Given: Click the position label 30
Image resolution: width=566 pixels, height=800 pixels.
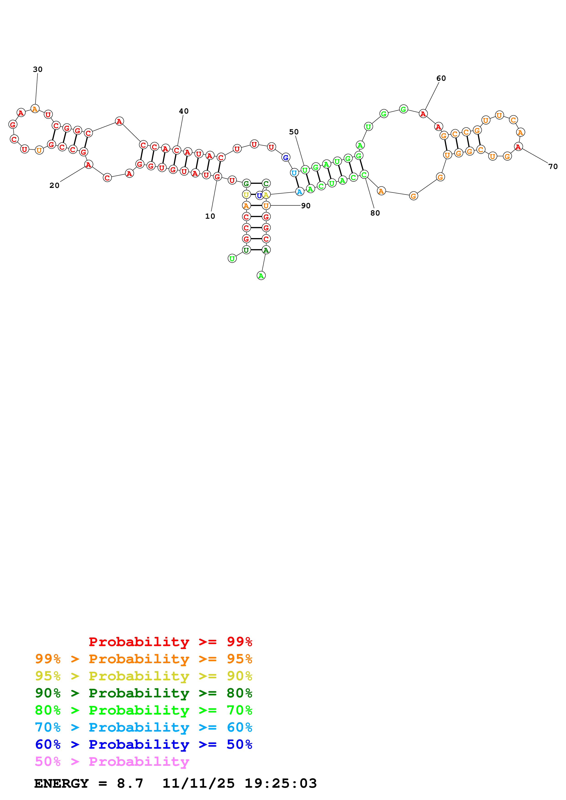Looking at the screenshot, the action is click(38, 69).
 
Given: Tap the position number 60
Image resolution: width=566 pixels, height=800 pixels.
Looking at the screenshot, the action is click(441, 78).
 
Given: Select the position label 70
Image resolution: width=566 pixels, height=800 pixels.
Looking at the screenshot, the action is click(553, 166).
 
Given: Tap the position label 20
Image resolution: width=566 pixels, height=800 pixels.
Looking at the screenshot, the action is click(54, 185).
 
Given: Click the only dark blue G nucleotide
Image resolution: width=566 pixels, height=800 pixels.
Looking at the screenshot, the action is click(286, 158).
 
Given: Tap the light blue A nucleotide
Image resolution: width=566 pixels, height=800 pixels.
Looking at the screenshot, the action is click(299, 192).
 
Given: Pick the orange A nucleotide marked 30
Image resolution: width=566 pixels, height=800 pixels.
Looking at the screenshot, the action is click(35, 109).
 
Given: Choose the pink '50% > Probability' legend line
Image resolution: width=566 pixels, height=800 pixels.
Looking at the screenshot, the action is click(112, 761).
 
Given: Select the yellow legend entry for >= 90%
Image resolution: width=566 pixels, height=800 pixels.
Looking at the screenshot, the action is click(143, 676).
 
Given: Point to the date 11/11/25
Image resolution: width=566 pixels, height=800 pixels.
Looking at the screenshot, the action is click(198, 783).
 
